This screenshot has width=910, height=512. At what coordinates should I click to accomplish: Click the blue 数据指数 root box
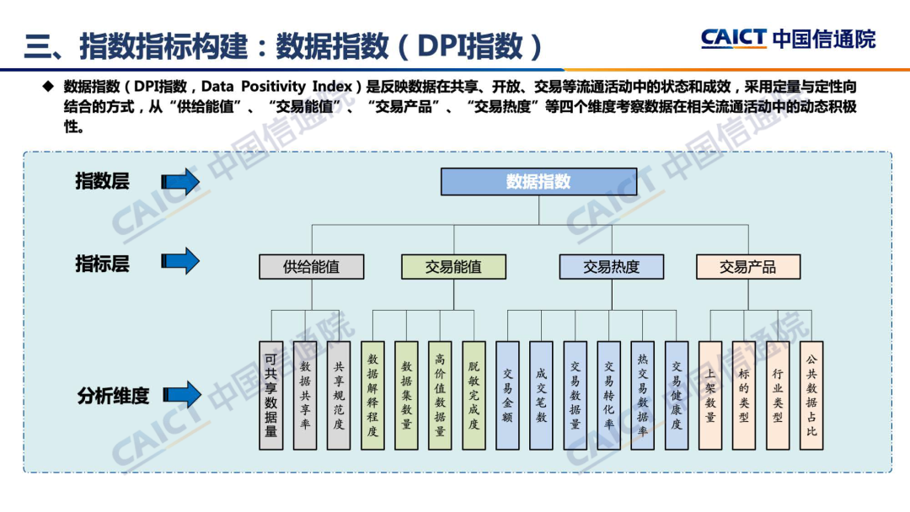click(538, 182)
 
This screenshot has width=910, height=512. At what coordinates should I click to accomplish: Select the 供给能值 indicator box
click(312, 267)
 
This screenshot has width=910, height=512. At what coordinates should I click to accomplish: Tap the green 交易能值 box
click(453, 267)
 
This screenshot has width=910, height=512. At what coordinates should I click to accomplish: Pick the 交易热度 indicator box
click(611, 267)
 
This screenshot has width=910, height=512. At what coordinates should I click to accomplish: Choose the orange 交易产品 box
click(747, 267)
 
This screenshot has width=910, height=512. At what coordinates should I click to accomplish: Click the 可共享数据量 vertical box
click(270, 394)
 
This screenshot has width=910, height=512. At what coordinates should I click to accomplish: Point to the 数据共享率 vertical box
click(305, 394)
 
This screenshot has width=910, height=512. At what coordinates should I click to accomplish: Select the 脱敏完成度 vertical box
click(474, 394)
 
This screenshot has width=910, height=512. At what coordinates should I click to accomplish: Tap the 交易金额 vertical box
click(507, 394)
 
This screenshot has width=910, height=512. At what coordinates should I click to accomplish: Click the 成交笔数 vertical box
click(541, 394)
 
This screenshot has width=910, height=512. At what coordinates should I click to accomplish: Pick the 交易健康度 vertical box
click(676, 394)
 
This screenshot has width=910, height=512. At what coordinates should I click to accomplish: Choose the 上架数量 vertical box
click(710, 394)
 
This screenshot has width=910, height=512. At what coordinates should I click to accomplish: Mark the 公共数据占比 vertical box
click(811, 394)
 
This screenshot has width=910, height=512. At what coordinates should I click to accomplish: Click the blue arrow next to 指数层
click(179, 181)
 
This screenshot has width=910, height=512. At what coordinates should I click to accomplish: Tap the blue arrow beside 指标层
click(179, 261)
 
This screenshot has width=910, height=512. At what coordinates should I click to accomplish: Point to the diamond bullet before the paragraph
click(47, 86)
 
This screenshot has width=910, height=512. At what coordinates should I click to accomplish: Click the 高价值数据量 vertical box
click(440, 394)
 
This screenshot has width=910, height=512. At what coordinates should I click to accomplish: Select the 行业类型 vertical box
click(778, 394)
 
